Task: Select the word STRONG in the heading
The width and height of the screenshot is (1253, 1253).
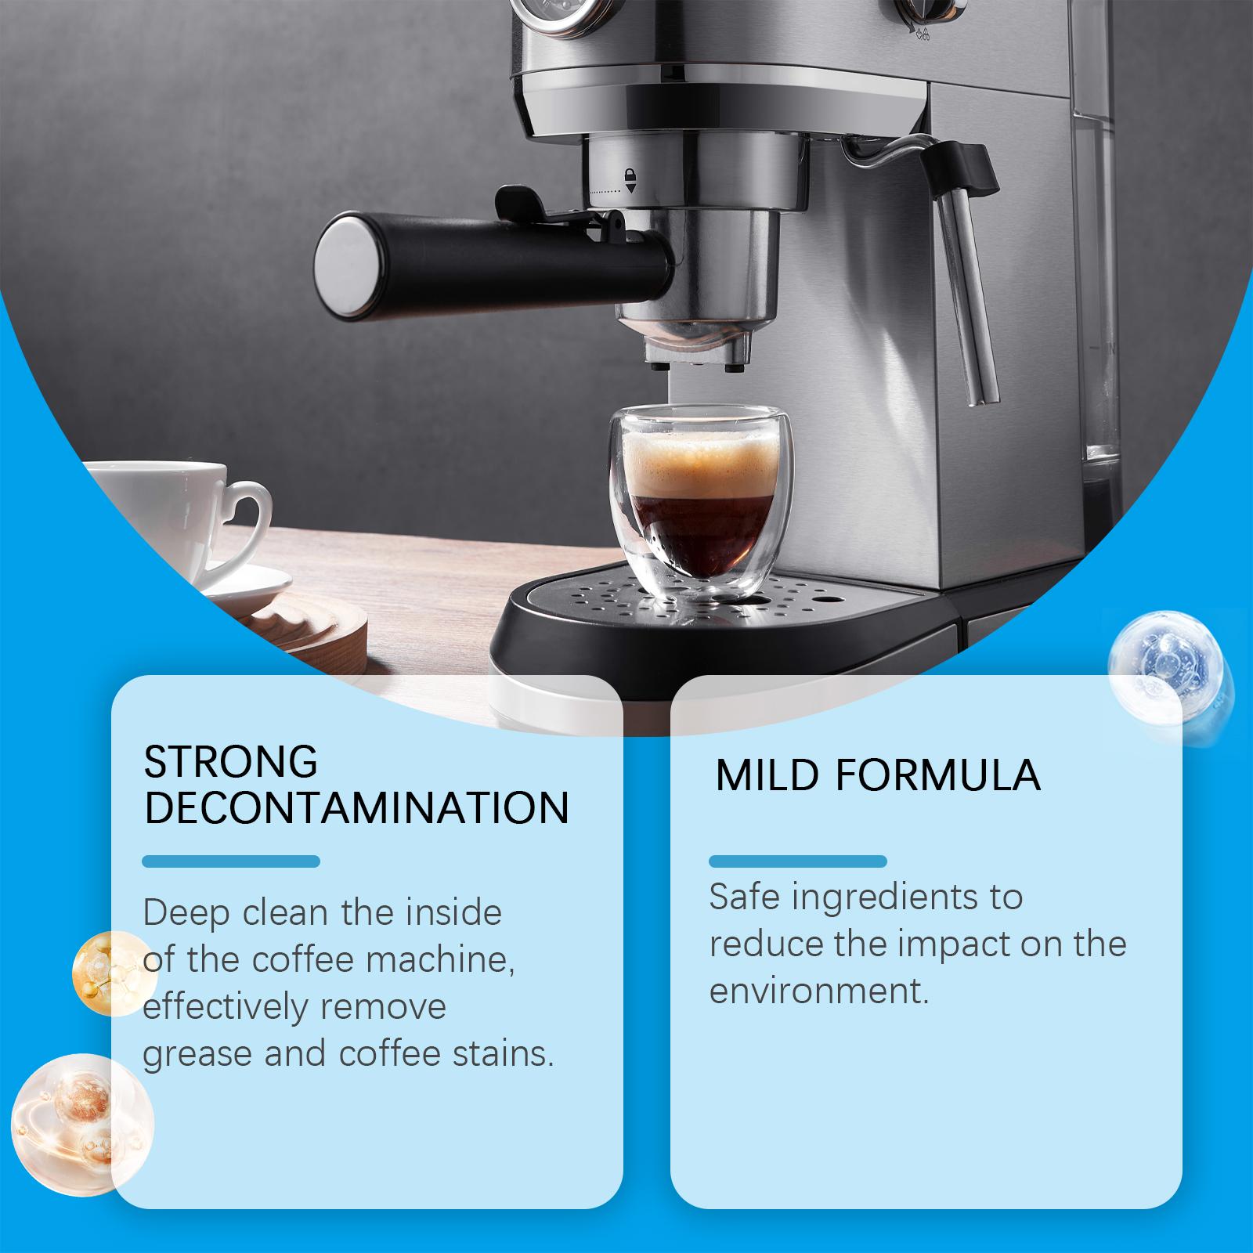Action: point(231,761)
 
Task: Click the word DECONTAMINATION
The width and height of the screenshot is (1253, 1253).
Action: point(356,808)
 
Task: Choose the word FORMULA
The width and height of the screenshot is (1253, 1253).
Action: point(937,775)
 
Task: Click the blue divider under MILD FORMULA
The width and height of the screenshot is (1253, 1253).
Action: point(797,861)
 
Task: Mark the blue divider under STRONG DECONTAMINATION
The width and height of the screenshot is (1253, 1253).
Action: point(231,861)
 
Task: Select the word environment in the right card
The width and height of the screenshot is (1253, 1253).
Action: point(818,991)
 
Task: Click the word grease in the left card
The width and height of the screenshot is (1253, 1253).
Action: point(197,1055)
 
